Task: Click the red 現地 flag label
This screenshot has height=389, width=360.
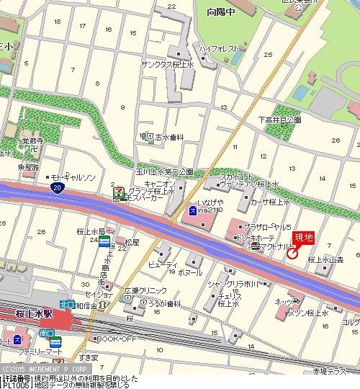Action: coord(304,237)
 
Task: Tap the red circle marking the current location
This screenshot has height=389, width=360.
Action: coord(292,252)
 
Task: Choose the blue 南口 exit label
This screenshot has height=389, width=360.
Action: coord(47,334)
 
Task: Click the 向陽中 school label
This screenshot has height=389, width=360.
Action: coord(220,12)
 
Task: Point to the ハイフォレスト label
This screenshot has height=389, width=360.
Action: coord(219,49)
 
